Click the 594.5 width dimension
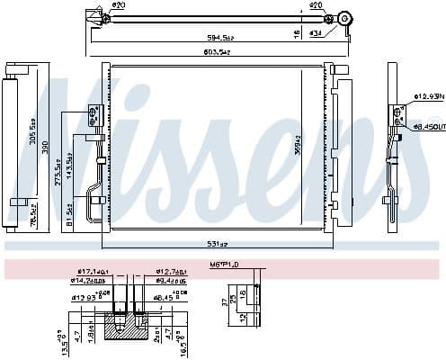pyautogui.click(x=217, y=38)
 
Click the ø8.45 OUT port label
pyautogui.click(x=428, y=129)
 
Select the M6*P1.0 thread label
pyautogui.click(x=226, y=264)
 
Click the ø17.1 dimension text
pyautogui.click(x=93, y=271)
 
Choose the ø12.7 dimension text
pyautogui.click(x=171, y=271)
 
